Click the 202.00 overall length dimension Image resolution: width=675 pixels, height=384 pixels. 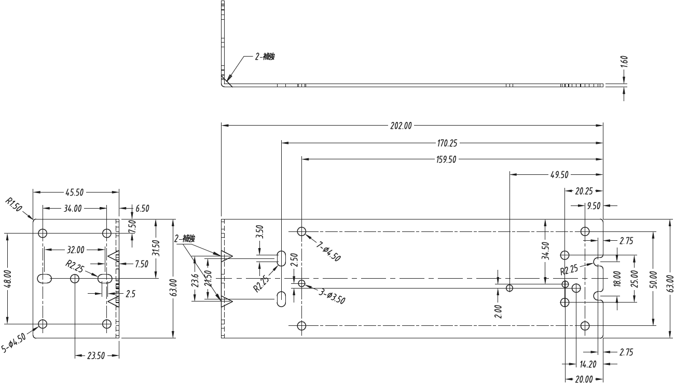coord(401,125)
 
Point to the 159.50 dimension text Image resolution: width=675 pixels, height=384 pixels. coord(446,159)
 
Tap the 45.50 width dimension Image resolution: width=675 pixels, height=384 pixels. coord(75,193)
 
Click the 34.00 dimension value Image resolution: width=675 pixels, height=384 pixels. coord(73,209)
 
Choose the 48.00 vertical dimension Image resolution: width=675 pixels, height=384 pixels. coord(7,279)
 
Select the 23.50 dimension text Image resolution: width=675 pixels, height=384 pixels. coord(97,355)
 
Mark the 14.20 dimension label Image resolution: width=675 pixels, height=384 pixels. coord(588,364)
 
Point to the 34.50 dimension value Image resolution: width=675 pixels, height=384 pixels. coord(545,250)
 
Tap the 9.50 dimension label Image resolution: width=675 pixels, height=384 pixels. coord(593,206)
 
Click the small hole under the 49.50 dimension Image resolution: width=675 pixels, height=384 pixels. coord(510,288)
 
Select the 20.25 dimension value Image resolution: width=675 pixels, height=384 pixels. coord(584,191)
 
